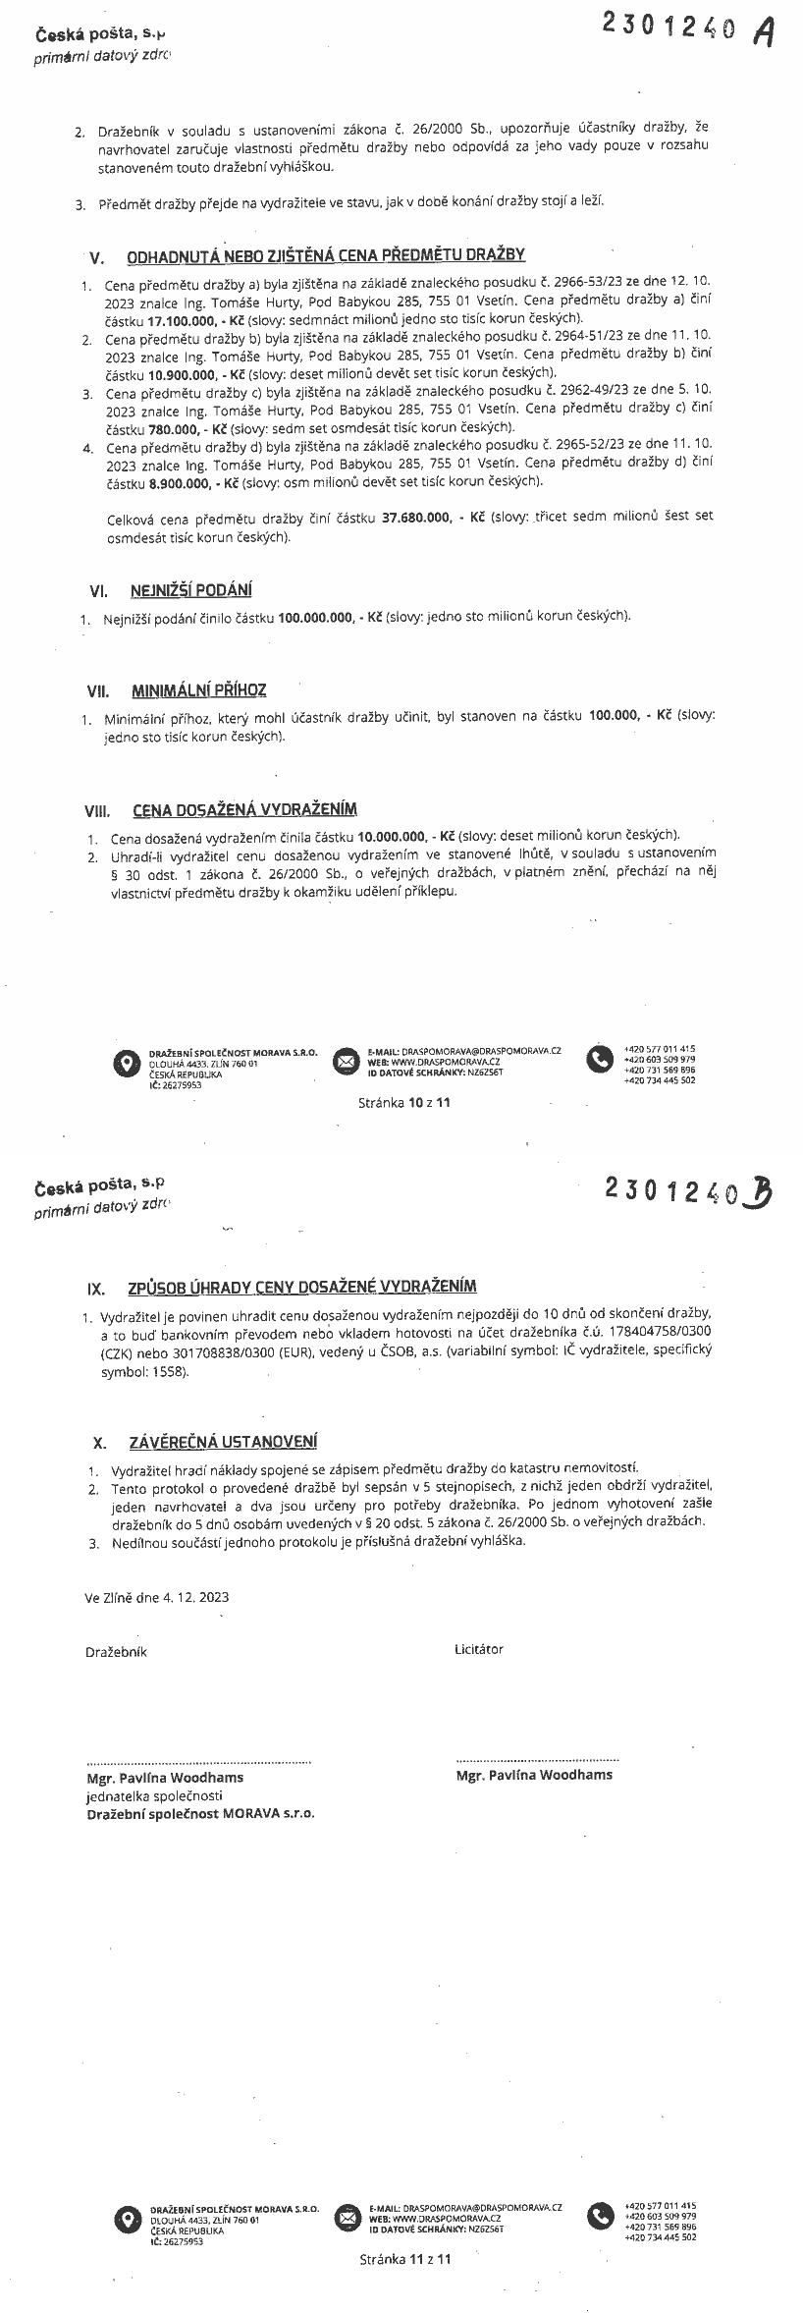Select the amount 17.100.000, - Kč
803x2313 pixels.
[196, 319]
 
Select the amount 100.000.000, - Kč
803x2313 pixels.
[330, 617]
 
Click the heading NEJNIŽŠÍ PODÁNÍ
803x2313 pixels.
[190, 590]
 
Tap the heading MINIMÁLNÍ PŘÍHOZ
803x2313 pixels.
[199, 690]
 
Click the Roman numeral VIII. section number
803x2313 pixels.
[98, 811]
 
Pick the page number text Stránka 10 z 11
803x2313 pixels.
[404, 1102]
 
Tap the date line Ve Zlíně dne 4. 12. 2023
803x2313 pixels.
[157, 1597]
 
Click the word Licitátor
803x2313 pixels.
[478, 1649]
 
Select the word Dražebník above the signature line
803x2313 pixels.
[116, 1652]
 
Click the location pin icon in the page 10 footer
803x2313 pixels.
[125, 1062]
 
